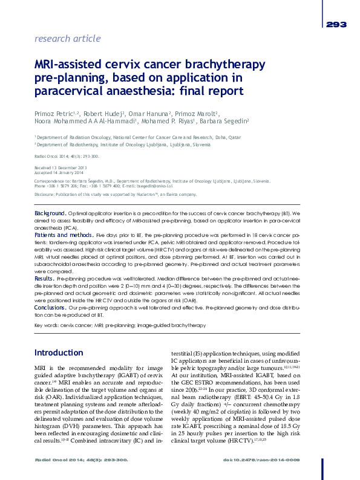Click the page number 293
(x=336, y=25)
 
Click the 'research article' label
(x=68, y=39)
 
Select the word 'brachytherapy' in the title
(x=226, y=65)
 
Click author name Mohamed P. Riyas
(x=169, y=121)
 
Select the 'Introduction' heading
(x=59, y=353)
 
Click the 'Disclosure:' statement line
(x=115, y=195)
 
